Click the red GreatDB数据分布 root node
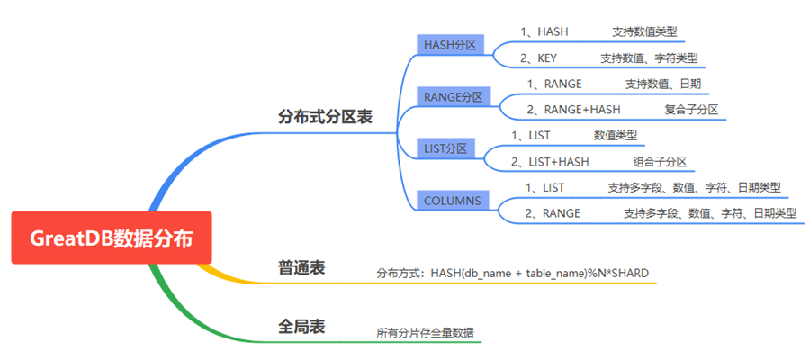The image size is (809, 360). (x=111, y=238)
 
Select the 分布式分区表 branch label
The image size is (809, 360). (x=325, y=117)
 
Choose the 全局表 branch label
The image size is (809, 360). (x=301, y=326)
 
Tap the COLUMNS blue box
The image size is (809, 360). (x=453, y=200)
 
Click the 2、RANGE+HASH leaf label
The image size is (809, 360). (x=573, y=110)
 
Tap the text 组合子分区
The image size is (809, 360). (x=660, y=162)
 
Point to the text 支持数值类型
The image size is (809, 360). (x=644, y=31)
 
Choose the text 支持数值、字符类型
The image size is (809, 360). (x=649, y=58)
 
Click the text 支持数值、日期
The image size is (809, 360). (x=663, y=84)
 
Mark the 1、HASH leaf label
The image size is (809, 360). (x=544, y=31)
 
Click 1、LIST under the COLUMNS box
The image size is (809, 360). (x=544, y=187)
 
